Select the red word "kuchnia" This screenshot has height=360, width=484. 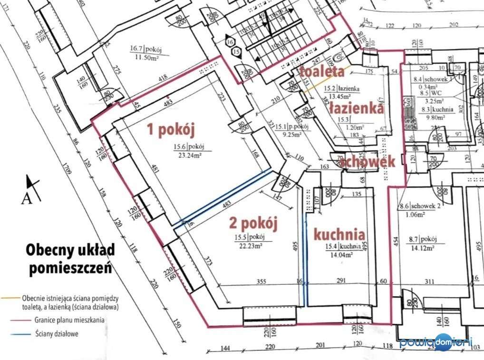tap(339, 234)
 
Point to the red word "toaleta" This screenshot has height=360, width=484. tap(321, 72)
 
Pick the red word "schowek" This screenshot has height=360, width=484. tap(369, 161)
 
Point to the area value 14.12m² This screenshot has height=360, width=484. tap(422, 248)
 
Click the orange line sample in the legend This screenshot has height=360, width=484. tap(10, 298)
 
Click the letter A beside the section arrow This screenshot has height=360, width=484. tap(26, 197)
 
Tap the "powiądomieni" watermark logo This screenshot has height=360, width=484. tap(436, 342)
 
